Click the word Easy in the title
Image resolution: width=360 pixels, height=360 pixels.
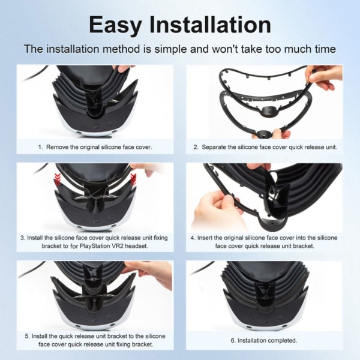click(x=115, y=25)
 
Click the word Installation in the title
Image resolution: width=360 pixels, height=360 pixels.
click(x=210, y=24)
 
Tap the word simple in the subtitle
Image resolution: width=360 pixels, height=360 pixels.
click(x=171, y=49)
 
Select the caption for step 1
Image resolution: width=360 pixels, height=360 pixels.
click(x=95, y=147)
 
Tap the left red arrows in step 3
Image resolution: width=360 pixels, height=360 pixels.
click(x=58, y=179)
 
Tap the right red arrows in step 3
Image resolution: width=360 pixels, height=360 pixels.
click(x=133, y=179)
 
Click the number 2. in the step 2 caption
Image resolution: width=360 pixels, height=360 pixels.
click(x=196, y=147)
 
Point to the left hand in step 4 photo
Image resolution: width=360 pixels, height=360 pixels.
click(x=215, y=209)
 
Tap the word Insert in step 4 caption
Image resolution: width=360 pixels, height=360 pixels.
click(x=205, y=238)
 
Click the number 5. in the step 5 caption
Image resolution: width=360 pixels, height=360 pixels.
click(x=28, y=337)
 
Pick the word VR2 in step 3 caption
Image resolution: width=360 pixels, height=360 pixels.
click(x=118, y=246)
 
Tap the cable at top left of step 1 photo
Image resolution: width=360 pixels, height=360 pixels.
click(x=34, y=73)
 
